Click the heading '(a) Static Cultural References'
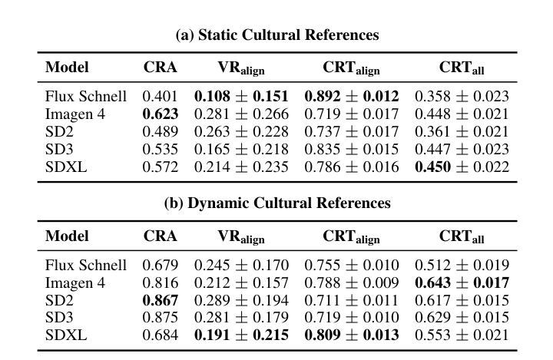(x=277, y=35)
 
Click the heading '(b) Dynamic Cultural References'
(x=277, y=203)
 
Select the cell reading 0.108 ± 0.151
(x=241, y=97)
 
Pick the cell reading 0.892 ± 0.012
(x=352, y=97)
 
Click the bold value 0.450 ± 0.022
(x=462, y=165)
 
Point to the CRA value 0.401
(x=160, y=97)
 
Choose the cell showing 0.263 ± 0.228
(x=241, y=131)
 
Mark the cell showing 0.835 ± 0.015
(x=352, y=148)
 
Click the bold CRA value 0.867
(x=160, y=300)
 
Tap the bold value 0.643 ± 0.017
(x=462, y=283)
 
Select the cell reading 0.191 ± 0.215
(x=241, y=334)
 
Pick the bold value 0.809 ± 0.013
(x=352, y=334)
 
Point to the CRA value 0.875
(x=160, y=317)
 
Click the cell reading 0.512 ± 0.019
(x=462, y=266)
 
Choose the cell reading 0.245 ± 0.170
(x=241, y=266)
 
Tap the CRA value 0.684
(x=160, y=334)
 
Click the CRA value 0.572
(x=160, y=165)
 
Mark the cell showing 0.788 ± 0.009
(x=352, y=283)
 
